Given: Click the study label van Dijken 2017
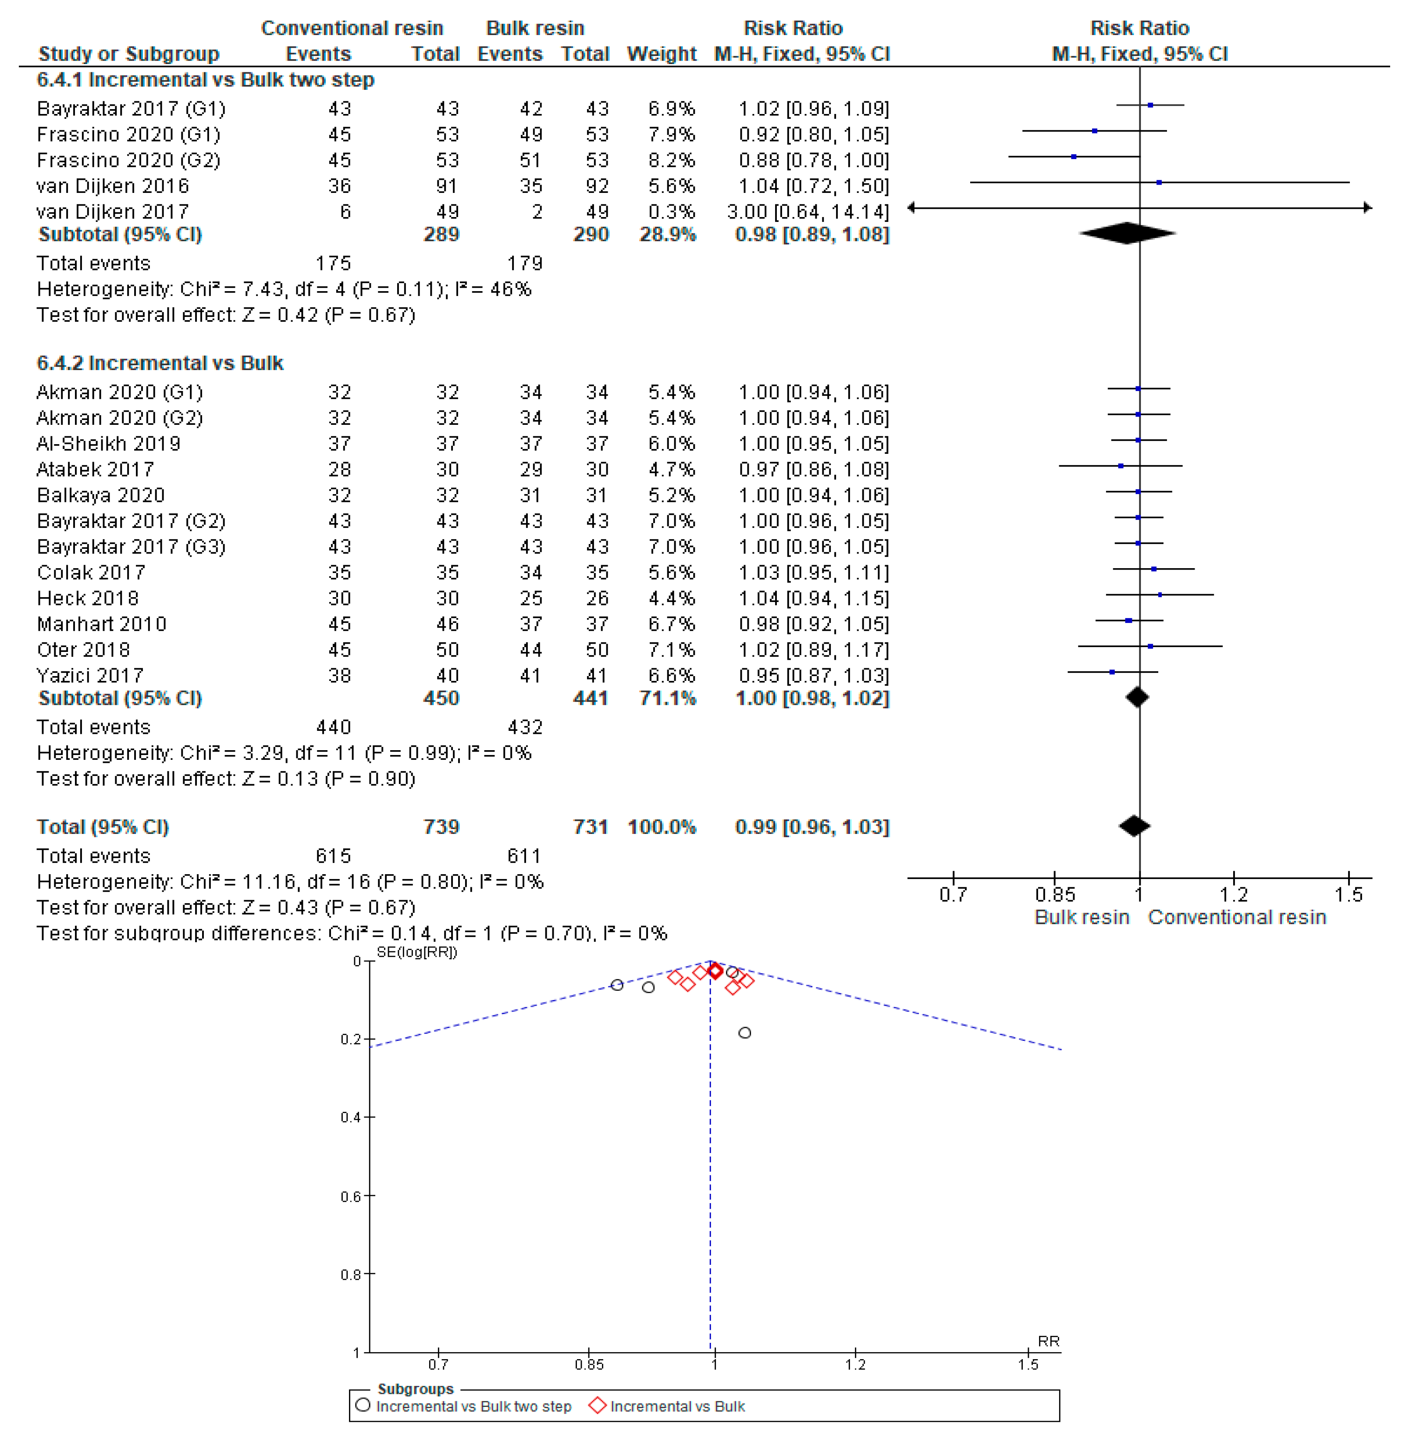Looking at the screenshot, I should pos(113,212).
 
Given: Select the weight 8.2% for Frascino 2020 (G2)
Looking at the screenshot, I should pos(671,160).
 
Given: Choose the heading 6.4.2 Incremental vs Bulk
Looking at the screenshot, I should pos(160,363).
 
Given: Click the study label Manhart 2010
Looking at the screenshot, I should pos(101,624).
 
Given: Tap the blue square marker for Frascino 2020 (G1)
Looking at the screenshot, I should pos(1095,131).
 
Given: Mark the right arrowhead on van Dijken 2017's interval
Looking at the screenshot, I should pos(1367,208).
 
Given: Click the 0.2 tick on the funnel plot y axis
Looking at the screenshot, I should pos(368,1040).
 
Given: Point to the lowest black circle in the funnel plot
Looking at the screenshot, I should pos(744,1033).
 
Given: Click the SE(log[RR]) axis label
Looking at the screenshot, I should pos(416,952).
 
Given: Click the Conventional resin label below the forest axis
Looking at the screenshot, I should pos(1237,917).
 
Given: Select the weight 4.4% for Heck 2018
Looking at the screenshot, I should pos(671,598).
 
